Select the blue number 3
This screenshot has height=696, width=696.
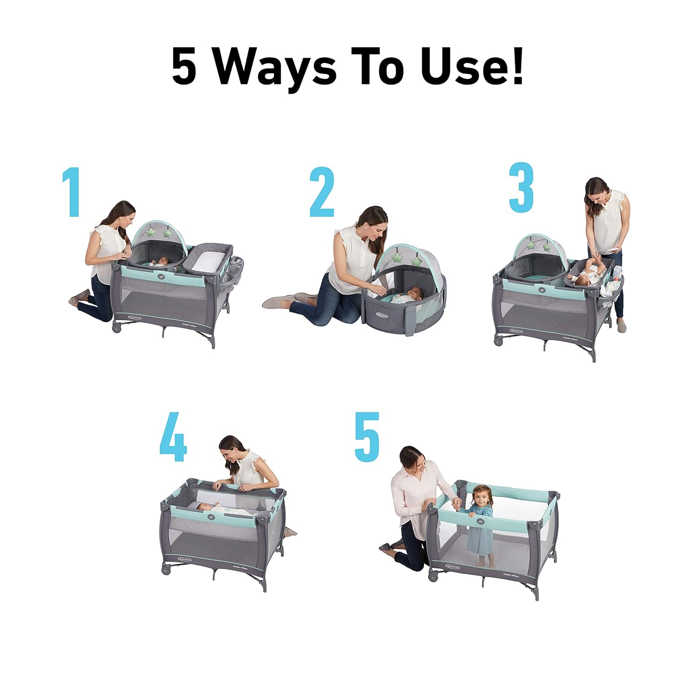pyautogui.click(x=522, y=188)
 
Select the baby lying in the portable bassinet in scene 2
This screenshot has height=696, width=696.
pyautogui.click(x=408, y=296)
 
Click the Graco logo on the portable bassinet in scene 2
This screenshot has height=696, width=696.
pyautogui.click(x=382, y=316)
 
